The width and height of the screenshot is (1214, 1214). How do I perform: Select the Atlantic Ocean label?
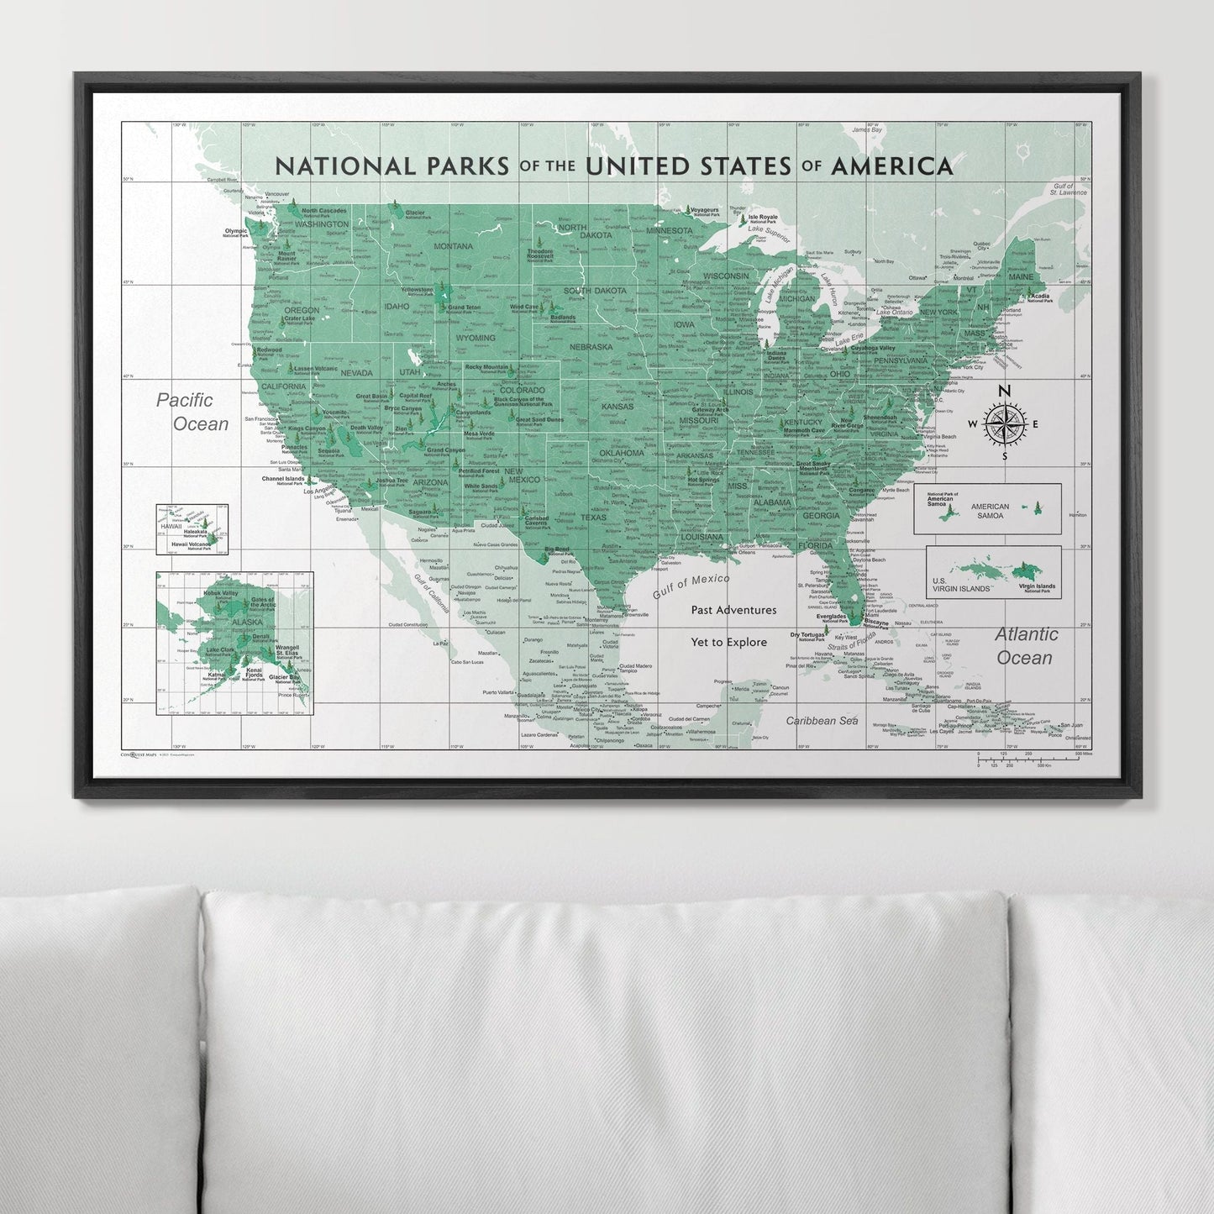click(1026, 645)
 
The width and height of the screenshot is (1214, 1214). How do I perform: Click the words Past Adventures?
click(733, 610)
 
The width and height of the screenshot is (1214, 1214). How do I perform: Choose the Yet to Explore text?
click(728, 643)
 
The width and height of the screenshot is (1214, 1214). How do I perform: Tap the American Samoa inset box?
click(987, 508)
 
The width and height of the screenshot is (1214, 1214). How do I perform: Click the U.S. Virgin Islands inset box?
click(993, 572)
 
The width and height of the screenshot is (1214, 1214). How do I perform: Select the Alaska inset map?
click(234, 643)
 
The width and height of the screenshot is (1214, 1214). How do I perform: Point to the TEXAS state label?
click(593, 518)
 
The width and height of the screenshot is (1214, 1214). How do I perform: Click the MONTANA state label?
click(454, 246)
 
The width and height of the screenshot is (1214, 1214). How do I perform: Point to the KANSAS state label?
click(617, 407)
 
